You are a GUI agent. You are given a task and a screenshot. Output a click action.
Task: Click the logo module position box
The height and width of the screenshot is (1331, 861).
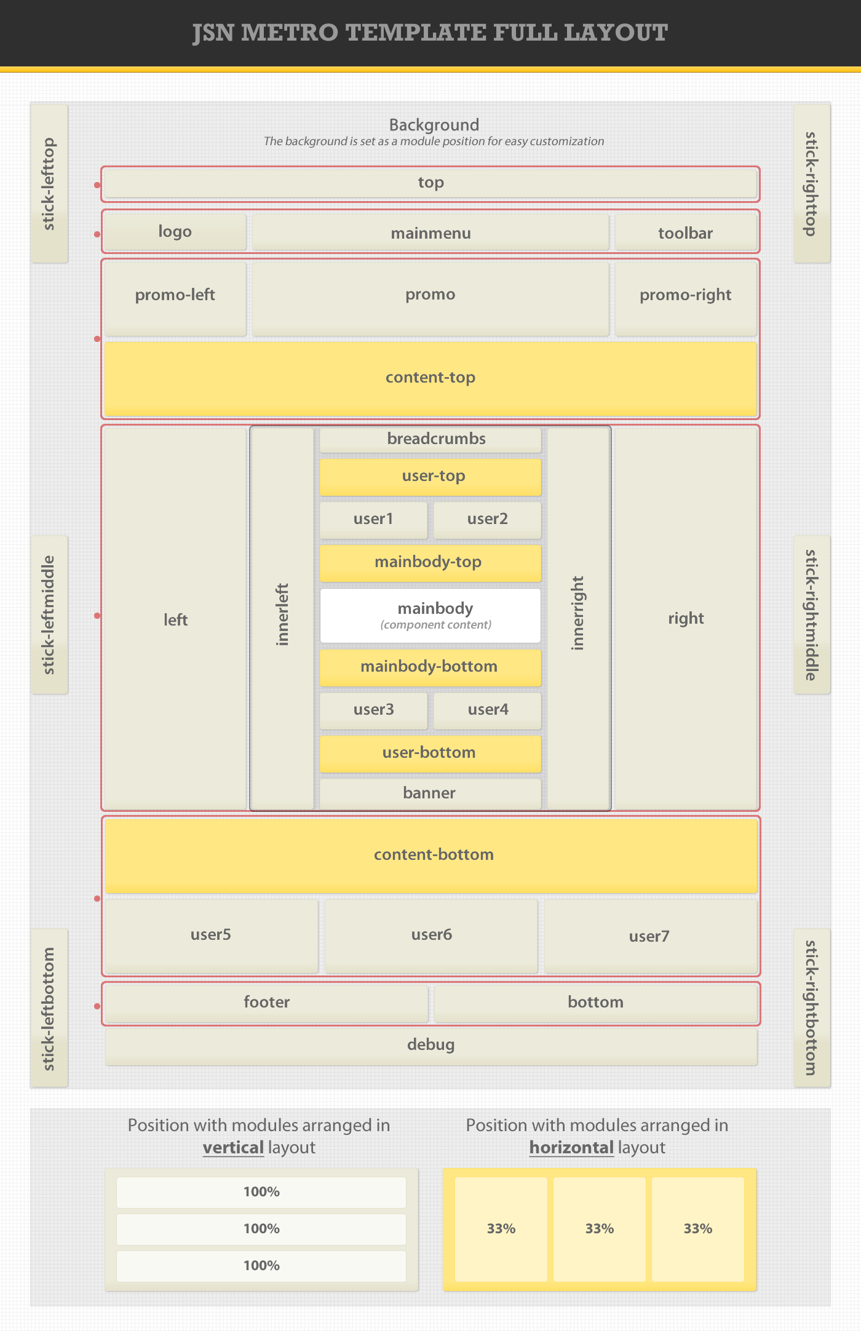175,232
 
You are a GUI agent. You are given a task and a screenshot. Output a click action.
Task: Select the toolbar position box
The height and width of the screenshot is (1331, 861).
685,233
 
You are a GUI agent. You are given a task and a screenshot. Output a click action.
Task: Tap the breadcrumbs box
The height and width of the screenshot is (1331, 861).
430,439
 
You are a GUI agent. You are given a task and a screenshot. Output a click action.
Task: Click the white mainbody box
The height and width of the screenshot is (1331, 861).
430,616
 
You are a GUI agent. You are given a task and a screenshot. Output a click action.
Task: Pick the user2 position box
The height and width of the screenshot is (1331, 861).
487,519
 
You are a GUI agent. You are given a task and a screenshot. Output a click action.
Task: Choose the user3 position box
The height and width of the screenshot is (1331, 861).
373,710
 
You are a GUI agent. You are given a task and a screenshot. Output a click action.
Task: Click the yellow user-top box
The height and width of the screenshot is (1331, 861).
430,476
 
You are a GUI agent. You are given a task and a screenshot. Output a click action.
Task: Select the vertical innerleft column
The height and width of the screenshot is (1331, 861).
282,618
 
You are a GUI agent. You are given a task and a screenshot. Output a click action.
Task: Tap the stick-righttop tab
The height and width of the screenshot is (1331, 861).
812,183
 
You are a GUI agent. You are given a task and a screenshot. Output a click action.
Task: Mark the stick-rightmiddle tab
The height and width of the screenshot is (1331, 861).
812,614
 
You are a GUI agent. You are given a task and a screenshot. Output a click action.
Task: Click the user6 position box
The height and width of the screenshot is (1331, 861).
431,936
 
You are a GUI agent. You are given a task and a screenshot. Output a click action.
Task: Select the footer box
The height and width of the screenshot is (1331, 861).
266,1003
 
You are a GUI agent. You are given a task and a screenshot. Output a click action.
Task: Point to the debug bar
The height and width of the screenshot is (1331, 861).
430,1045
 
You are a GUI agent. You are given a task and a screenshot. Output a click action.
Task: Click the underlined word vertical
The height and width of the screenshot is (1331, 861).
233,1148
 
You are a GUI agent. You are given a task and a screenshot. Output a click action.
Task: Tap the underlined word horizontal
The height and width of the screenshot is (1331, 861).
571,1148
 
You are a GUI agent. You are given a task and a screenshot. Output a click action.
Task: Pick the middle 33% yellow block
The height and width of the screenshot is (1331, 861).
600,1229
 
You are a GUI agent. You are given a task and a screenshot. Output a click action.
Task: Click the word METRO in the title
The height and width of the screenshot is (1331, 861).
289,33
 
